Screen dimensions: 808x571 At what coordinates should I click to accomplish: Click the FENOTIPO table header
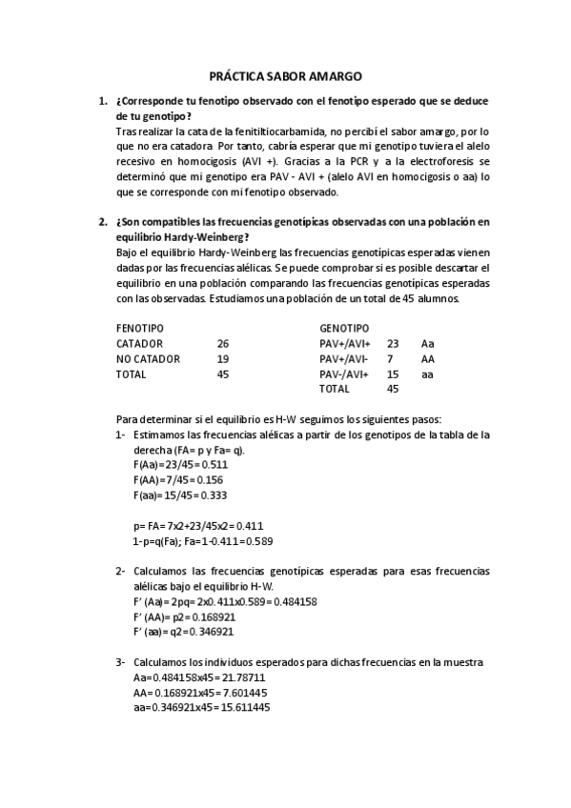pyautogui.click(x=139, y=327)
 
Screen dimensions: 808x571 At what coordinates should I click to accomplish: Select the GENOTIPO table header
pyautogui.click(x=343, y=327)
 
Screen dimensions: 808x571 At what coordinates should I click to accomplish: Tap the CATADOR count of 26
pyautogui.click(x=223, y=343)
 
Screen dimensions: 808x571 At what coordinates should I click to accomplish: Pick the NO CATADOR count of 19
pyautogui.click(x=223, y=358)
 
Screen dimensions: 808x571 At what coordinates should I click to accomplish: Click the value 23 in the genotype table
pyautogui.click(x=393, y=343)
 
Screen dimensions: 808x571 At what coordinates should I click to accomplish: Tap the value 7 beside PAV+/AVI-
pyautogui.click(x=390, y=358)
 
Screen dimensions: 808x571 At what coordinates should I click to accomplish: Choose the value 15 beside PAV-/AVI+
pyautogui.click(x=393, y=374)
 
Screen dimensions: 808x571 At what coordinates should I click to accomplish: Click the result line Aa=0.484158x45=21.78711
pyautogui.click(x=199, y=677)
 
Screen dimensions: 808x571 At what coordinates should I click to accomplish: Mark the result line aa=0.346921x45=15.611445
pyautogui.click(x=202, y=708)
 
